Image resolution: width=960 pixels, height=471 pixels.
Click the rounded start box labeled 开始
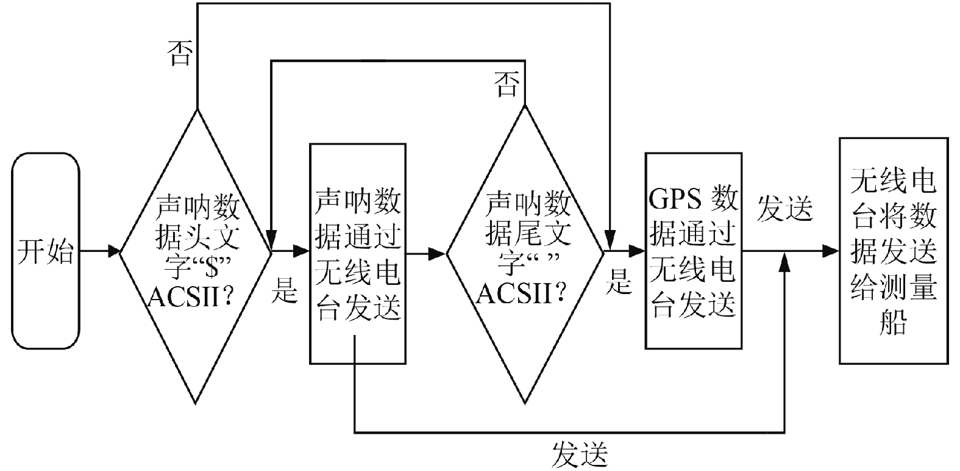tap(45, 251)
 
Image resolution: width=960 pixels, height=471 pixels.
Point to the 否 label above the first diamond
tap(180, 54)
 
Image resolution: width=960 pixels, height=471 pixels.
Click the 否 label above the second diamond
tap(508, 84)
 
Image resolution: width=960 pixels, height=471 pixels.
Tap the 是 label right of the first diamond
tap(284, 290)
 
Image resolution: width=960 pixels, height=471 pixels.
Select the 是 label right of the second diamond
tap(618, 282)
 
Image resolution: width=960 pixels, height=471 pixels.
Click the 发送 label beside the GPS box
tap(784, 209)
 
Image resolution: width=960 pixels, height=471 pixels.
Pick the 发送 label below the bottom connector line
tap(580, 454)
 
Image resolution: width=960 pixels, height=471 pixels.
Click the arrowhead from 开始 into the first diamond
tap(113, 251)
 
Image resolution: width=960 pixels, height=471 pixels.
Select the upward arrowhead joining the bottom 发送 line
tap(784, 261)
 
